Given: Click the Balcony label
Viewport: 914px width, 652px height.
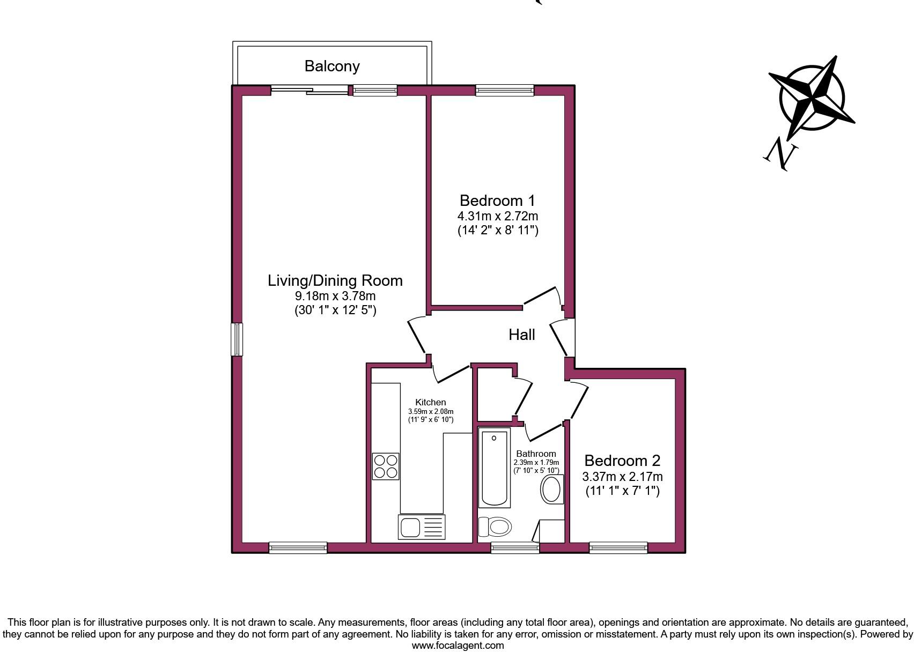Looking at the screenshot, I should coord(332,66).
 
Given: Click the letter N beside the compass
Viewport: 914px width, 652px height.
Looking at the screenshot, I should coord(780,153).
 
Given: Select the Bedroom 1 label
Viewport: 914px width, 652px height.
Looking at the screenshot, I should coord(497,201).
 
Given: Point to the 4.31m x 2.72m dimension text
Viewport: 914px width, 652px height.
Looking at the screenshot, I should coord(497,216).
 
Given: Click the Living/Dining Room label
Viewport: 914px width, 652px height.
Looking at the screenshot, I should coord(335,280).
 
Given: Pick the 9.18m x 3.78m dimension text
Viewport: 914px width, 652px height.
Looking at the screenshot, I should coord(335,296).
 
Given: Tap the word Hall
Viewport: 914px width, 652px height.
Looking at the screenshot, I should coord(521,335).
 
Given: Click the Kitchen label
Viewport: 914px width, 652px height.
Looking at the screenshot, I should coord(430,402).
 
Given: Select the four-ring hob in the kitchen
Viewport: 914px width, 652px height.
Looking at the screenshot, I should coord(386,466).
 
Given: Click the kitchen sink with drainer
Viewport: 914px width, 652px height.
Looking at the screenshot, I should coord(422,527).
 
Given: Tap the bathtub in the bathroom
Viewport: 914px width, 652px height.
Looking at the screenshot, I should coord(494,468).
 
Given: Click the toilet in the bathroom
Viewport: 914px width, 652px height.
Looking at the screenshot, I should coord(494,527).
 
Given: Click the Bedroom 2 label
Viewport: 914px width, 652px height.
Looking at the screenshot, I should coord(622,461).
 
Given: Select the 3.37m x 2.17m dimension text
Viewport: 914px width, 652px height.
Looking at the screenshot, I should coord(622,477).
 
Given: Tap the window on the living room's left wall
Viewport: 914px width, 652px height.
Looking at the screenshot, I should coord(237,339).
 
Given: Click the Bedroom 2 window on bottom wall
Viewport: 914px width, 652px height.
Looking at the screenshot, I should coord(618,547).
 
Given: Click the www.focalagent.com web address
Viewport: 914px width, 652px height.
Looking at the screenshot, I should coord(458,646).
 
